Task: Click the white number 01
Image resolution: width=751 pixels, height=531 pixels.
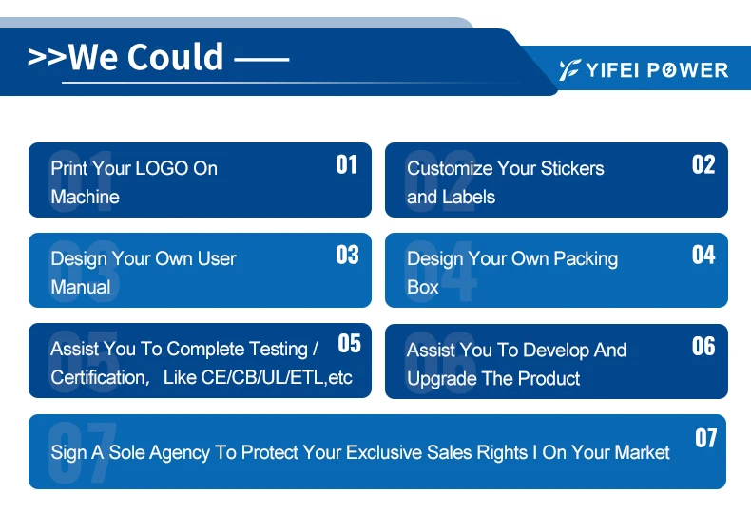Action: pyautogui.click(x=346, y=164)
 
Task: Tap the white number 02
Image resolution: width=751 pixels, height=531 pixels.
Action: pyautogui.click(x=703, y=164)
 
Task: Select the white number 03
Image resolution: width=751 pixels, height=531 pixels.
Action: pyautogui.click(x=347, y=255)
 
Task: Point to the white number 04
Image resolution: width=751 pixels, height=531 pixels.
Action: pyautogui.click(x=703, y=255)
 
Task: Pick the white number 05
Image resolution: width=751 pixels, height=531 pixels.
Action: pyautogui.click(x=349, y=344)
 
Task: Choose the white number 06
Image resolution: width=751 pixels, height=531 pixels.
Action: pyautogui.click(x=703, y=346)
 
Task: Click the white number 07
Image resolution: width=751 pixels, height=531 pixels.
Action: pyautogui.click(x=705, y=438)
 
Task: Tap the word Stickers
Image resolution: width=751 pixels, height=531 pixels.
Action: pyautogui.click(x=572, y=168)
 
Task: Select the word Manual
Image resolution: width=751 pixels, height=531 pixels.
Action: pyautogui.click(x=81, y=287)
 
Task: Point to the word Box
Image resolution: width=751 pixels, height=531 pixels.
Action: pyautogui.click(x=422, y=287)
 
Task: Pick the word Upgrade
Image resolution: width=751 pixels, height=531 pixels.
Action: pyautogui.click(x=442, y=379)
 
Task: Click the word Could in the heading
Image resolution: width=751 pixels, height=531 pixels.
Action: pyautogui.click(x=176, y=57)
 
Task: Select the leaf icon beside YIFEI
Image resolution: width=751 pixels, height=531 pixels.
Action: pyautogui.click(x=570, y=70)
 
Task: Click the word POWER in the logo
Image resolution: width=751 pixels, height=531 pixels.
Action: pyautogui.click(x=687, y=70)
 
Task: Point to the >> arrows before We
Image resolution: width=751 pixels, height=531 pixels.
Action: pyautogui.click(x=47, y=57)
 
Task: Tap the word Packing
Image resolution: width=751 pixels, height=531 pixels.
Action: pyautogui.click(x=586, y=259)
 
